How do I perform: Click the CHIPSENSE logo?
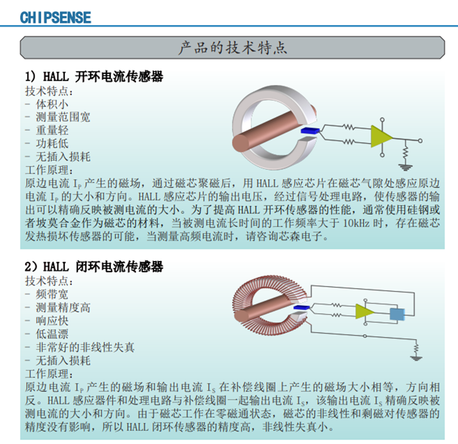56,17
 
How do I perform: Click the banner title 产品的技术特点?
233,48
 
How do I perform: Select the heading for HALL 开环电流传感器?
94,77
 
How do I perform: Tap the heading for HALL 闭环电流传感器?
94,267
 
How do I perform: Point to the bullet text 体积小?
52,104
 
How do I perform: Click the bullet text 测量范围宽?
63,117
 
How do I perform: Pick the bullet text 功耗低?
52,143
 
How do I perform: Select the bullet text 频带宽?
52,294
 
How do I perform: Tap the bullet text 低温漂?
52,334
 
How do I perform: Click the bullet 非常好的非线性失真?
85,347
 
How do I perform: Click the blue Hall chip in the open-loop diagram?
310,131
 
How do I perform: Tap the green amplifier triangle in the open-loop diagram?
381,136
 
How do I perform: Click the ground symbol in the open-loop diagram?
406,167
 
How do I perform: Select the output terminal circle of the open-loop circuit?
420,141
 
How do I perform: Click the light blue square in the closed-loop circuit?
397,315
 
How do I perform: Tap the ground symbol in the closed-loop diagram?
416,358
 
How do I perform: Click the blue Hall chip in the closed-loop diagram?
301,307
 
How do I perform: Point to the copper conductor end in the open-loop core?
240,143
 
